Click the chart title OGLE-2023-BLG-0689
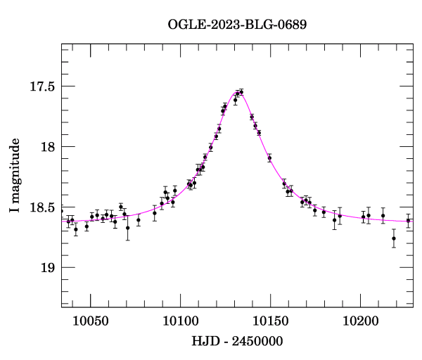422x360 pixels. (237, 25)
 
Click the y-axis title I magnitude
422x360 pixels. (15, 176)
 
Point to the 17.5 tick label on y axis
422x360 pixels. (39, 86)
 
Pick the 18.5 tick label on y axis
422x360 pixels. (39, 207)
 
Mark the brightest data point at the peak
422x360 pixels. (241, 92)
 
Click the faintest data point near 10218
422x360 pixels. (394, 238)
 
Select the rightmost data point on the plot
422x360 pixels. (408, 221)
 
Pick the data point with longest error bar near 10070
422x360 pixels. (127, 227)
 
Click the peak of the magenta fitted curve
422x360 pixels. (239, 92)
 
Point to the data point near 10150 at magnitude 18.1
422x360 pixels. (269, 158)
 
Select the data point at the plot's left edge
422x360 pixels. (61, 211)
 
